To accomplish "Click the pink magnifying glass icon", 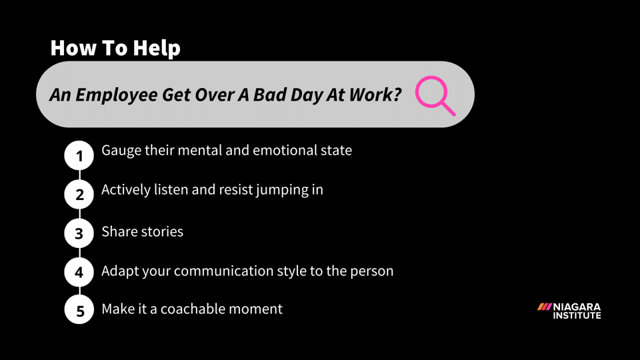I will (x=434, y=95).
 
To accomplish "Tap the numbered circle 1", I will (x=79, y=156).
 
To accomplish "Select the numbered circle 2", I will (x=79, y=195).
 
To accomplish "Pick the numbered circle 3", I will (x=79, y=233).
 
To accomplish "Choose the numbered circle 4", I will (x=79, y=272).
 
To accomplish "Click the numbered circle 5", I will (x=79, y=311).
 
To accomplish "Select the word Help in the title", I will (x=156, y=48).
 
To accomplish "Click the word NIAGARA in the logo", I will (x=577, y=307).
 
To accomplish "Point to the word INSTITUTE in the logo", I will (x=577, y=315).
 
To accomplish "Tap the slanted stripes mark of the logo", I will (x=545, y=307).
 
